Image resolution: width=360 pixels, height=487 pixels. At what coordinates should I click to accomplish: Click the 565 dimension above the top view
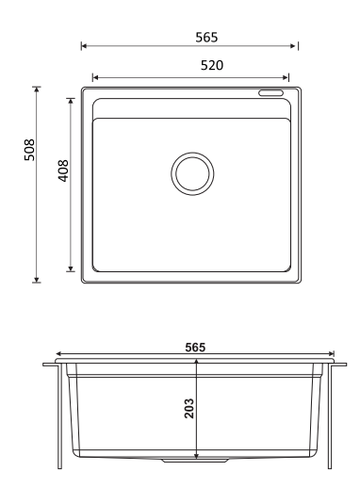206,38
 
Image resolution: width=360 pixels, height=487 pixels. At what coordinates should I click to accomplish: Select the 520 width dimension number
212,65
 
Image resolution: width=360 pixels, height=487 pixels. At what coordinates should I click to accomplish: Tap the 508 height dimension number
29,150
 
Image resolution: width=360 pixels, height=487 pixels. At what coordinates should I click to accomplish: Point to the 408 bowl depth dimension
63,170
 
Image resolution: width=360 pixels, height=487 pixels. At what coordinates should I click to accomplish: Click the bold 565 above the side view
195,348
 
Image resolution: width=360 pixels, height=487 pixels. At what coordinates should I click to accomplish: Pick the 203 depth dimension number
189,408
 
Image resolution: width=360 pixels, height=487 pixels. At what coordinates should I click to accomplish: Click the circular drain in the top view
192,173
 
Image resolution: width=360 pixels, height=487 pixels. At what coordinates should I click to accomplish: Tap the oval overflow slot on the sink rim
270,93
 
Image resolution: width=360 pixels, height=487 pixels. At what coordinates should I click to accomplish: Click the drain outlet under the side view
195,461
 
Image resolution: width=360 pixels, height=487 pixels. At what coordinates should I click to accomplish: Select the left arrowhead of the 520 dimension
95,77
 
